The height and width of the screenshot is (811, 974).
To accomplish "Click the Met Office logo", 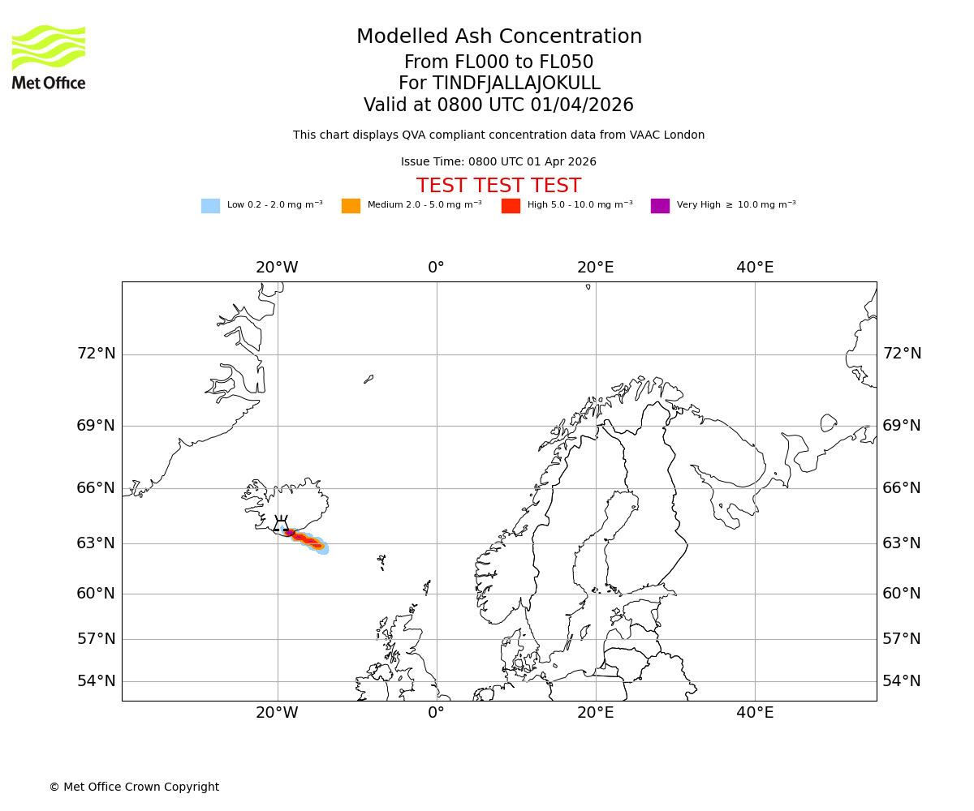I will point(49,57).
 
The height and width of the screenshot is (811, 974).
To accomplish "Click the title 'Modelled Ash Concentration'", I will point(499,37).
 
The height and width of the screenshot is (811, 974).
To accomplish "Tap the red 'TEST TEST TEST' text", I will point(498,187).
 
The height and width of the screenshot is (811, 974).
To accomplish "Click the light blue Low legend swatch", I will point(210,206).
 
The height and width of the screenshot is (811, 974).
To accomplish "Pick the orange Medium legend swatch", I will point(351,206).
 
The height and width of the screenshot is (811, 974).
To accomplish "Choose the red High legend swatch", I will point(511,206).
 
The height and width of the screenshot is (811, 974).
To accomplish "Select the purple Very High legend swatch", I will point(660,206).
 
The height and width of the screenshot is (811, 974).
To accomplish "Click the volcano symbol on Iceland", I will point(281,526).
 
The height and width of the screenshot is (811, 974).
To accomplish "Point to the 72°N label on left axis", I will point(96,354).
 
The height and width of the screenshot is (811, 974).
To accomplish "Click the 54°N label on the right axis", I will point(902,681).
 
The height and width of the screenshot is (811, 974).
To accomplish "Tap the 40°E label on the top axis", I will point(755,268).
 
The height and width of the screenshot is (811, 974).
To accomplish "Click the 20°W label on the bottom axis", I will point(277,713).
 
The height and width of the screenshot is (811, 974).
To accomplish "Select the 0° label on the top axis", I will point(437,268).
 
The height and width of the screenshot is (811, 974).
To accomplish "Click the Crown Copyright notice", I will point(134,787).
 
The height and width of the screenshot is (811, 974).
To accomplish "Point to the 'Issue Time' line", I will point(498,162).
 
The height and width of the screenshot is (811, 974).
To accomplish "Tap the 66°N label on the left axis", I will point(96,488).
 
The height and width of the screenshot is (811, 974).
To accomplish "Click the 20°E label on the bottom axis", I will point(596,713).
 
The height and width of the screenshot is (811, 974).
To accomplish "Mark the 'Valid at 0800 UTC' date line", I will point(498,105).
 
